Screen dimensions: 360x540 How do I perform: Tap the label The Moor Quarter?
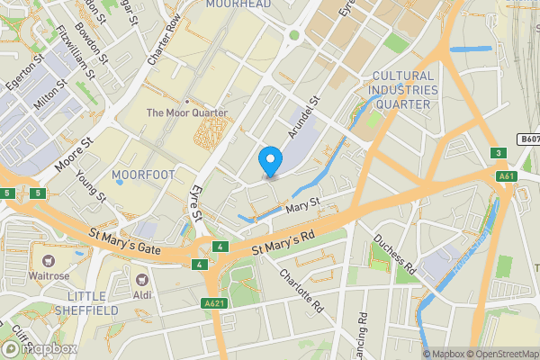pos(187,112)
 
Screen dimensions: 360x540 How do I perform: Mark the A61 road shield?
pos(506,176)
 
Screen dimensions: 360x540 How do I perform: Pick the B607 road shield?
pos(528,139)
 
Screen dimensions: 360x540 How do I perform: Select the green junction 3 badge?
pos(498,153)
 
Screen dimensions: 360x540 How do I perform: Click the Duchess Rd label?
pos(395,256)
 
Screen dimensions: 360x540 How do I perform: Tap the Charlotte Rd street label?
pos(301,291)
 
